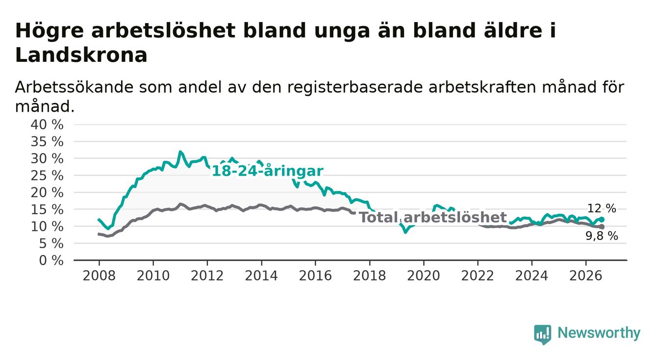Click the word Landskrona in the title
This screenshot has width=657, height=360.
pos(81,55)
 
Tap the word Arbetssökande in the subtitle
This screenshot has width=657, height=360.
pos(74,87)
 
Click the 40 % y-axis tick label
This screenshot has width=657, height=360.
pos(47,125)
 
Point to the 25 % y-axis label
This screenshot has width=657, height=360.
pos(47,176)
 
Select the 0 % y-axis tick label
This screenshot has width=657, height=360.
pos(51,260)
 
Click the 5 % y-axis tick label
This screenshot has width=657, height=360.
pos(51,244)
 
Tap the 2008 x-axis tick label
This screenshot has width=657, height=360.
pos(99,276)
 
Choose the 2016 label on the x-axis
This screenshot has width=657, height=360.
pos(315,276)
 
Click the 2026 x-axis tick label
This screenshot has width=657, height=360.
pos(586,276)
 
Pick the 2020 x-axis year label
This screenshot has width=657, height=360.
pos(424,276)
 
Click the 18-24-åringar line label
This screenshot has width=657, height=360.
pos(268,171)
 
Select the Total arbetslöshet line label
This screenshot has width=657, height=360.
pos(433,217)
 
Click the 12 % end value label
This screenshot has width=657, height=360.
pos(602,208)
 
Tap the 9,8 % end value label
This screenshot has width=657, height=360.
pos(602,236)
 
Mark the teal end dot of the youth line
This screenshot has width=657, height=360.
pos(602,219)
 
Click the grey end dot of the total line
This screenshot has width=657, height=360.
pos(602,227)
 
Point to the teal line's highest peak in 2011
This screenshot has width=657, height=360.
pos(180,152)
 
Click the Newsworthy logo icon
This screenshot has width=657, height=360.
pos(543,334)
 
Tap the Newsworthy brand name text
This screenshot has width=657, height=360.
pos(599,334)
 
